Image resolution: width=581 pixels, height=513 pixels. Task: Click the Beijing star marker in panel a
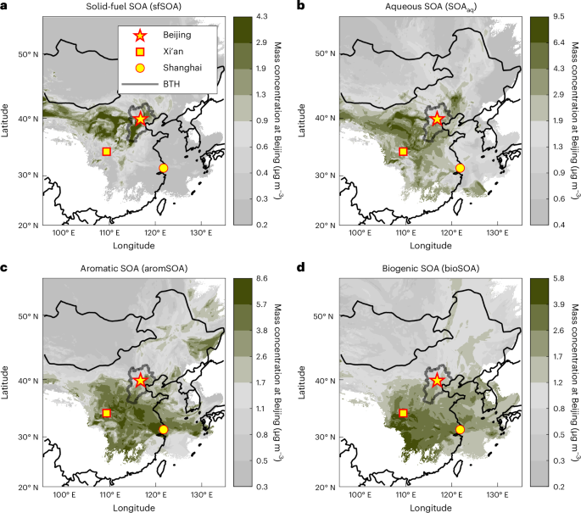tap(141, 119)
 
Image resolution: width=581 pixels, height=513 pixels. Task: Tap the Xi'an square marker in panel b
tap(403, 152)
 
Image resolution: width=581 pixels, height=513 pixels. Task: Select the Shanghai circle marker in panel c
tap(164, 430)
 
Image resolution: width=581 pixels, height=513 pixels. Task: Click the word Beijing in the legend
tap(177, 36)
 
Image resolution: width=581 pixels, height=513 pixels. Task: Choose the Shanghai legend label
tap(180, 69)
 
